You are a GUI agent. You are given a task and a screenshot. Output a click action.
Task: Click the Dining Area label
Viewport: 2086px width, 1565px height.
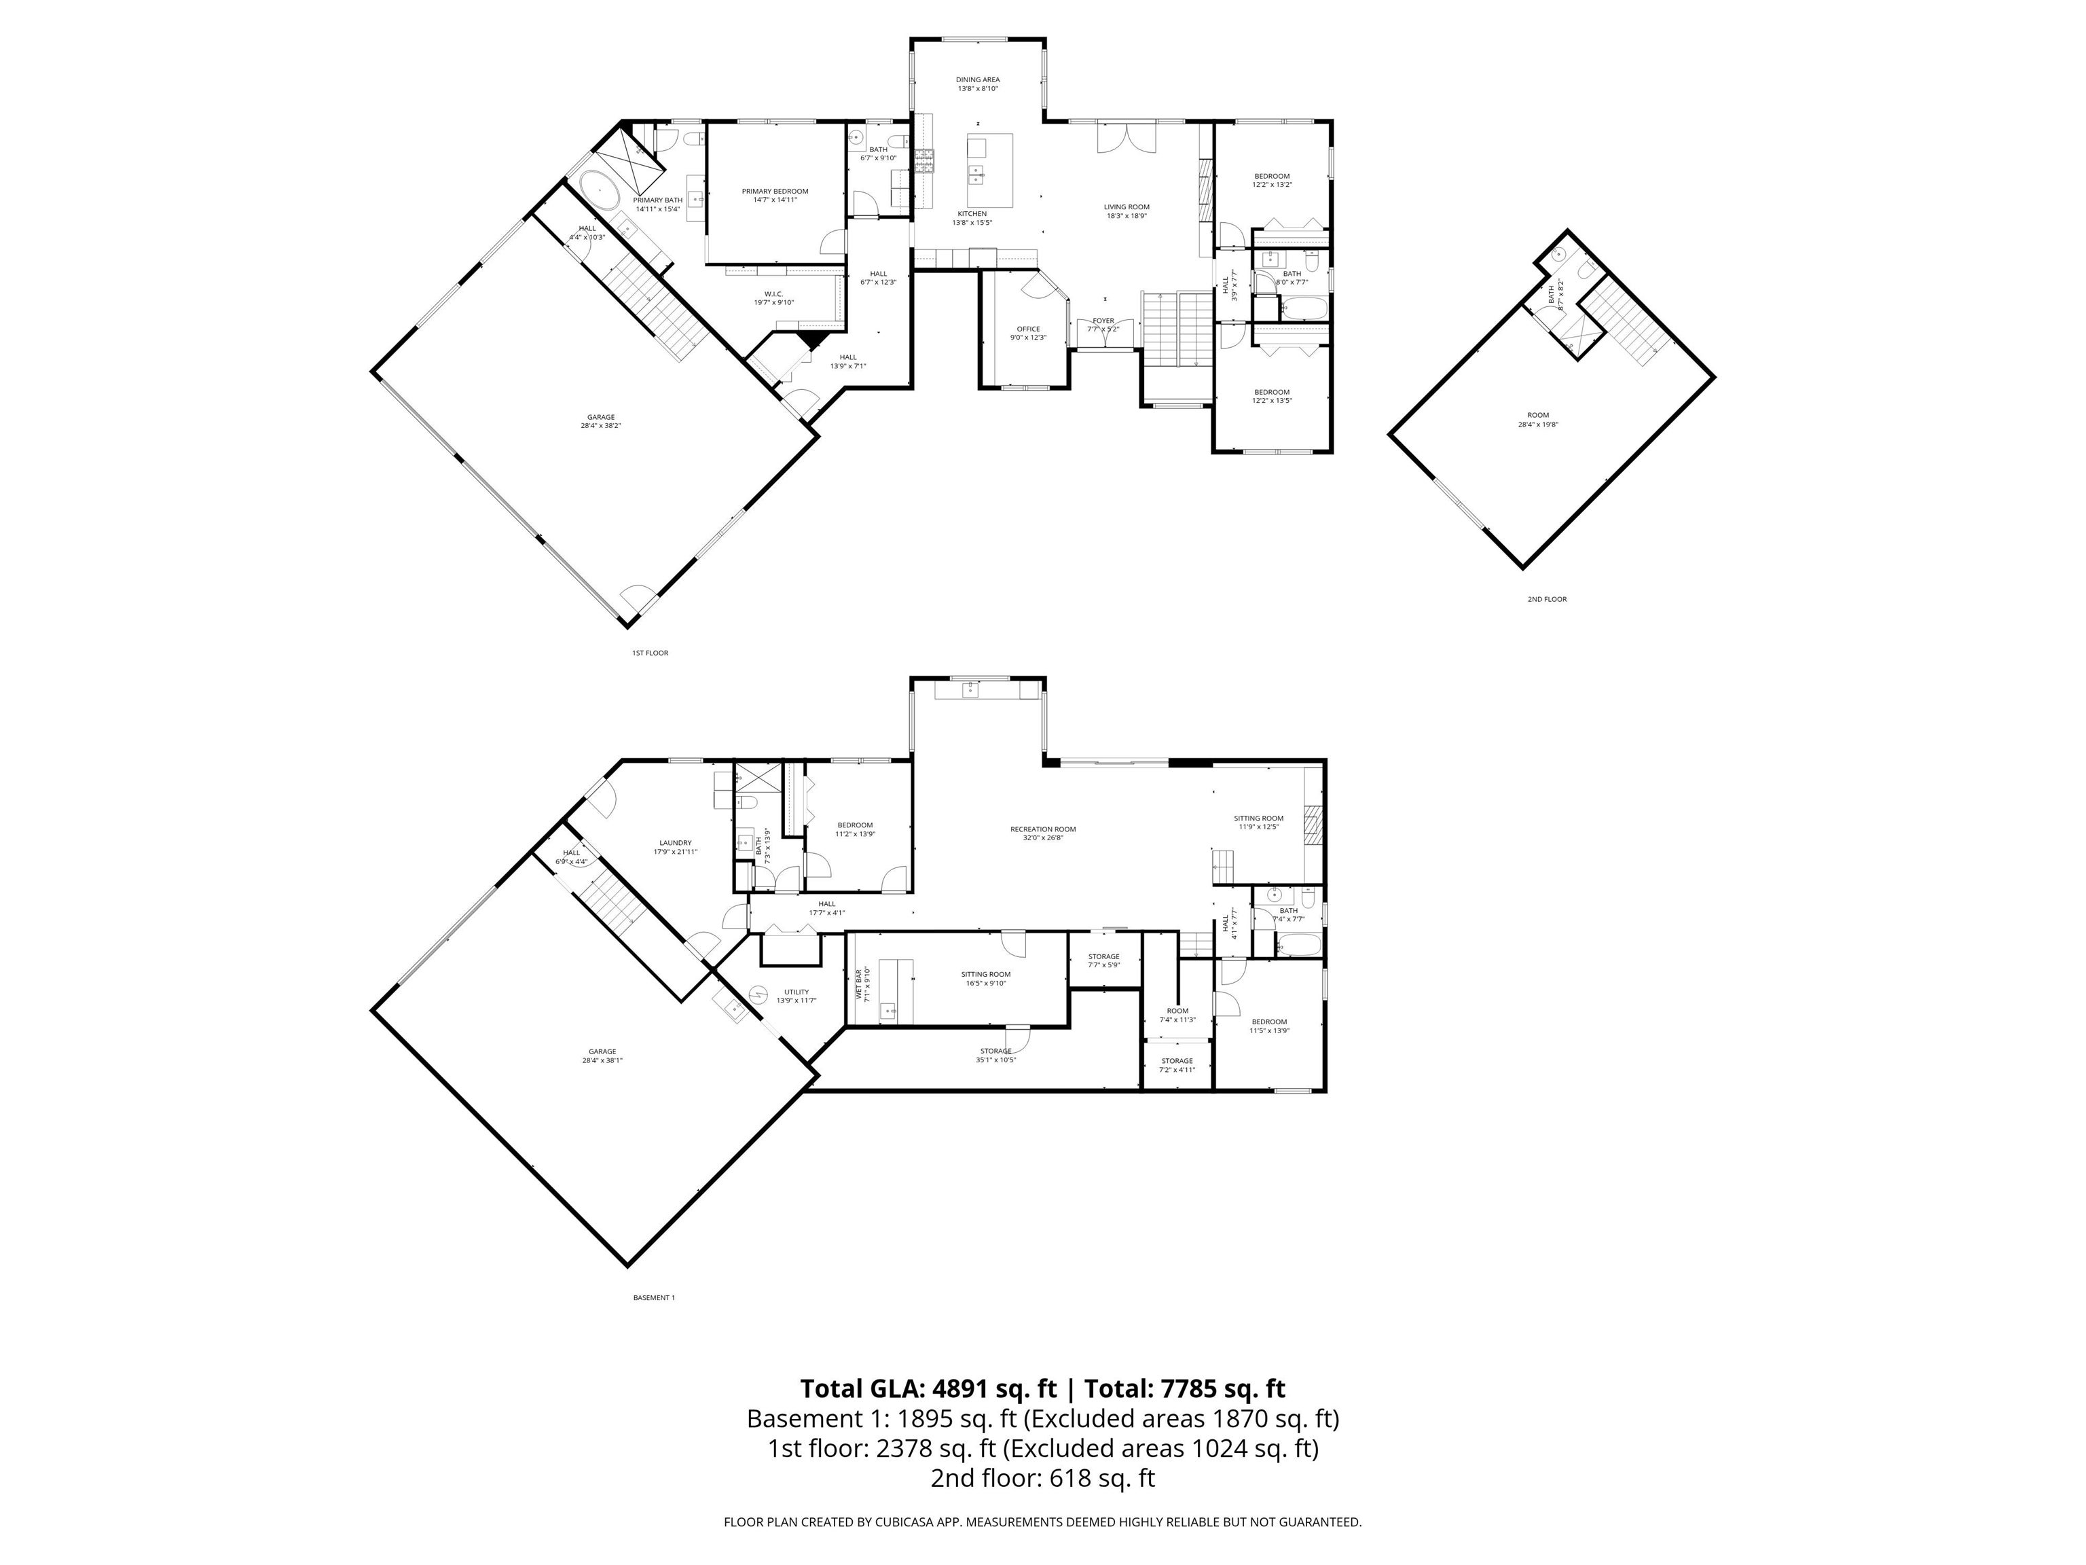[977, 80]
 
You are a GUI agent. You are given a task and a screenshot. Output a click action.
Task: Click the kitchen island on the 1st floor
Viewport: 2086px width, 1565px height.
[989, 170]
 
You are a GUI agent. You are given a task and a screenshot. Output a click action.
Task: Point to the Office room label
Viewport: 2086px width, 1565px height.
[1028, 329]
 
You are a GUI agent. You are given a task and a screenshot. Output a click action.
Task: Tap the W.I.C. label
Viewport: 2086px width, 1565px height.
[773, 294]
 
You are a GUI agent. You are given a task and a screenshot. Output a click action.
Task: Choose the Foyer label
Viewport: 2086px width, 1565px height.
[1103, 321]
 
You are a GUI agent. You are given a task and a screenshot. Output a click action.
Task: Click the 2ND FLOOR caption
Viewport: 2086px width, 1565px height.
[1547, 599]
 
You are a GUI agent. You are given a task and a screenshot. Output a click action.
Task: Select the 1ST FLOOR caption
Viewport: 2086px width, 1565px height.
[650, 653]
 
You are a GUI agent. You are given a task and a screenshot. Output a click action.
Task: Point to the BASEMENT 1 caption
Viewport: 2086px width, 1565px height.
[653, 1298]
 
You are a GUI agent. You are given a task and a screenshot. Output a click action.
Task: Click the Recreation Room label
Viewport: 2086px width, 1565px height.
[1042, 829]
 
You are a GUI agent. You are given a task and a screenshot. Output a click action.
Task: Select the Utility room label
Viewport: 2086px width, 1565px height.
[796, 992]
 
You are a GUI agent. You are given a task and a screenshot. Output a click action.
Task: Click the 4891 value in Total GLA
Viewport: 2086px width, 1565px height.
[961, 1388]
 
